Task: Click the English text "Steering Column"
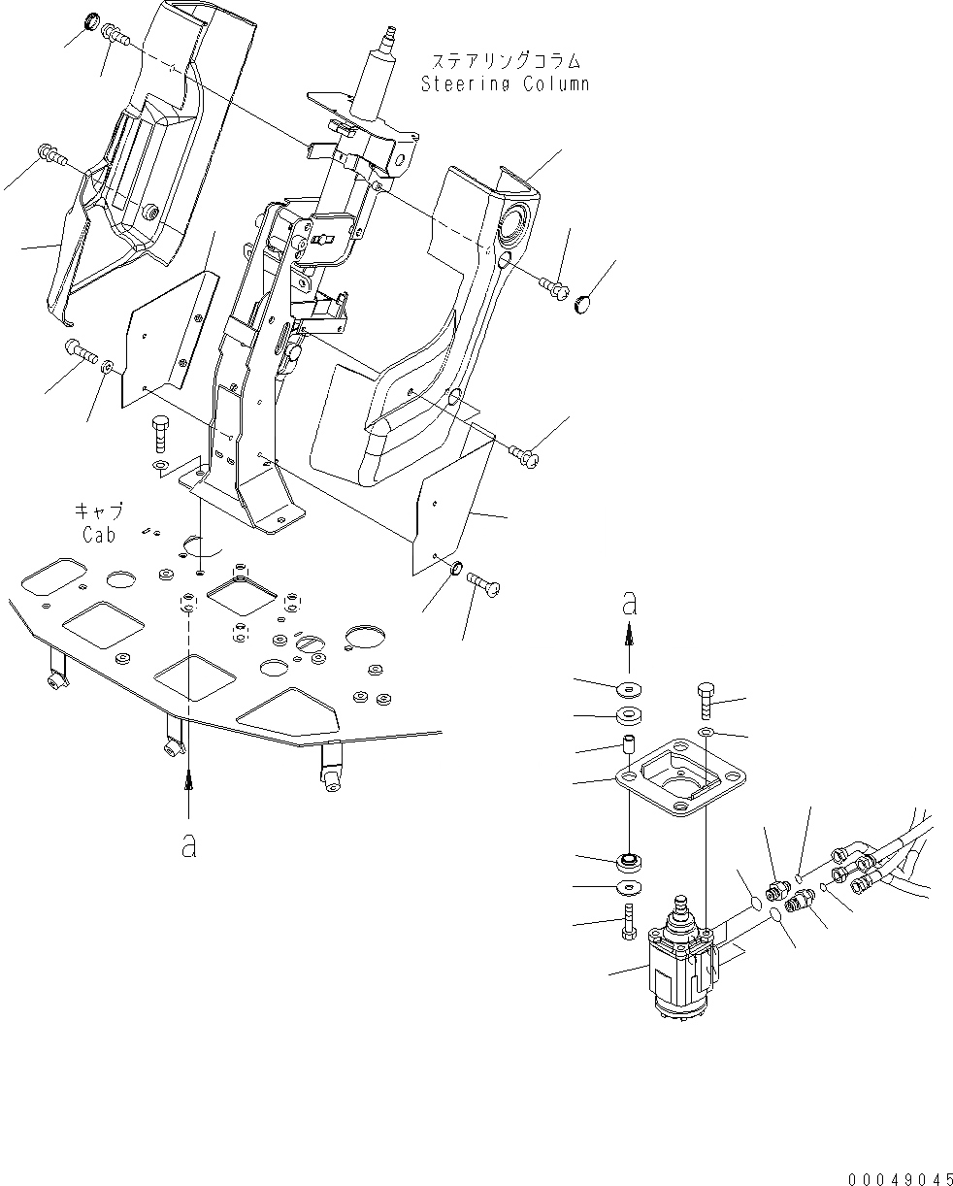coord(505,84)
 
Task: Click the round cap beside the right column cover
coord(583,306)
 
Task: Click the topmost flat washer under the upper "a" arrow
coord(629,688)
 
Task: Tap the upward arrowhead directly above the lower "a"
coord(188,776)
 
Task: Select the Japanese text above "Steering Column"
coord(505,63)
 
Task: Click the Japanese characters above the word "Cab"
coord(96,511)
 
